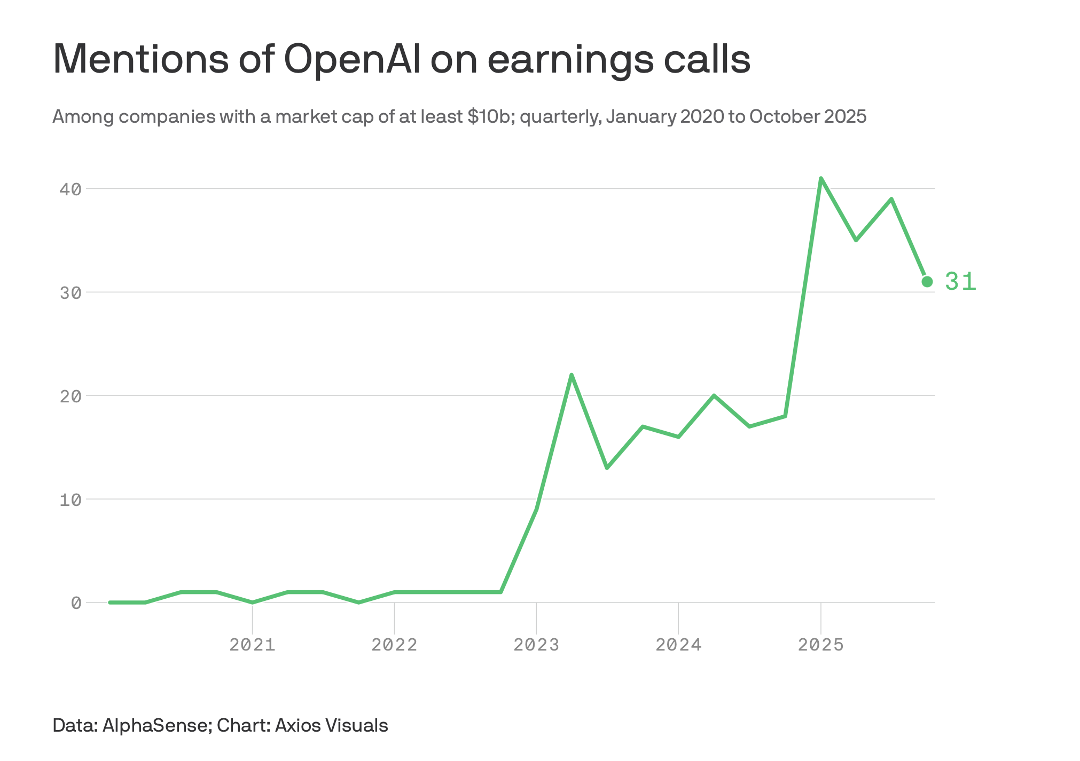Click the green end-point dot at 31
[x=927, y=281]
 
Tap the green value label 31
[x=960, y=281]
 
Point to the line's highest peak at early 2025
[x=820, y=178]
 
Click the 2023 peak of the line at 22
[x=572, y=375]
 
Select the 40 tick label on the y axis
[x=71, y=189]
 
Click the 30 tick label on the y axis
[x=71, y=292]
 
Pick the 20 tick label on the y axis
[x=71, y=396]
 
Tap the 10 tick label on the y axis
[x=71, y=500]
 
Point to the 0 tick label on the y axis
[x=76, y=603]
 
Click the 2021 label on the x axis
[x=252, y=645]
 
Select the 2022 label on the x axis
[x=394, y=645]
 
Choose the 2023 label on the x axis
[x=536, y=645]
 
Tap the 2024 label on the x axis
[x=678, y=645]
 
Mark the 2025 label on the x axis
[x=820, y=645]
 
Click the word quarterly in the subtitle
[x=559, y=116]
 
